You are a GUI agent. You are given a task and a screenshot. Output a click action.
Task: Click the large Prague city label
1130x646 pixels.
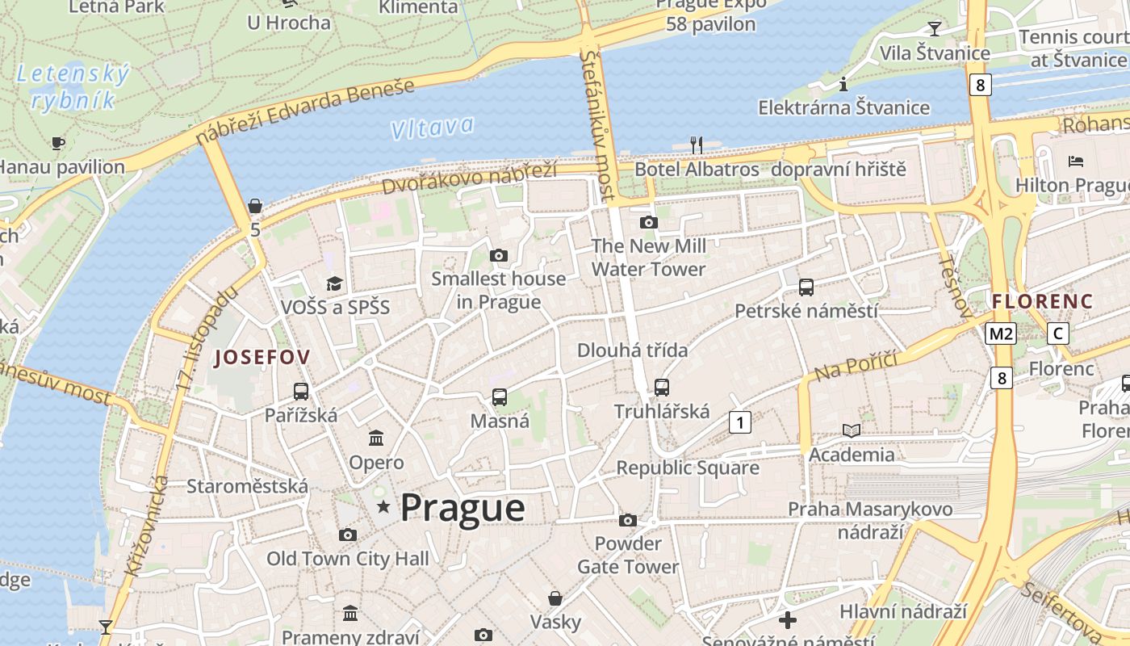pos(462,508)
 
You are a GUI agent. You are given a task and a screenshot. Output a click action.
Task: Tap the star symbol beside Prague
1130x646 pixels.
pos(383,507)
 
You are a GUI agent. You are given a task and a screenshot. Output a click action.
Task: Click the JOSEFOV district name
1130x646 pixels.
pos(262,358)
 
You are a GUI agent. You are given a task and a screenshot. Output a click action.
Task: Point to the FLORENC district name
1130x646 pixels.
pos(1042,302)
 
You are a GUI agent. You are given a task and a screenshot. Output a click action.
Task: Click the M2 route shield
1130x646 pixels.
pos(1000,333)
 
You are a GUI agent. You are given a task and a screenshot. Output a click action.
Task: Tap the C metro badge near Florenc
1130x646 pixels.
pos(1057,333)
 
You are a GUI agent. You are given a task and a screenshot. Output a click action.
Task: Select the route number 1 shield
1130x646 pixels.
pos(739,422)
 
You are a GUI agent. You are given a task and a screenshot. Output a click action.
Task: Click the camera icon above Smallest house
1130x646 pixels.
pos(499,256)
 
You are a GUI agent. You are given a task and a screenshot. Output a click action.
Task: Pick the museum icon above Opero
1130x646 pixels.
pos(376,438)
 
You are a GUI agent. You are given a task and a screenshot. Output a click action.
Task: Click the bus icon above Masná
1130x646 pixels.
pos(500,397)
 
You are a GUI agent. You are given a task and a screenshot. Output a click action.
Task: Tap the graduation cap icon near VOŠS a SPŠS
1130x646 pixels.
pos(334,283)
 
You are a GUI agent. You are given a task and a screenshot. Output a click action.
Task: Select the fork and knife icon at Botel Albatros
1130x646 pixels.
pos(697,145)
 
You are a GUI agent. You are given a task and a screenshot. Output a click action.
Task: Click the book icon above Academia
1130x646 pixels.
pos(852,430)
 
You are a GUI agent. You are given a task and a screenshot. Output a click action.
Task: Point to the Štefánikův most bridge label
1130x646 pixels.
pos(598,125)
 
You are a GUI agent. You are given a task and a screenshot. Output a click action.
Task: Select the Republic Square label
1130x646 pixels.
pos(688,468)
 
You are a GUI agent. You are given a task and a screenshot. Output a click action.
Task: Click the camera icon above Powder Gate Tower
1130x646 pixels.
pos(628,521)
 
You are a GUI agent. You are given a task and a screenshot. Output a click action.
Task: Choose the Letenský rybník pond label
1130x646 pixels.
pos(73,87)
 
